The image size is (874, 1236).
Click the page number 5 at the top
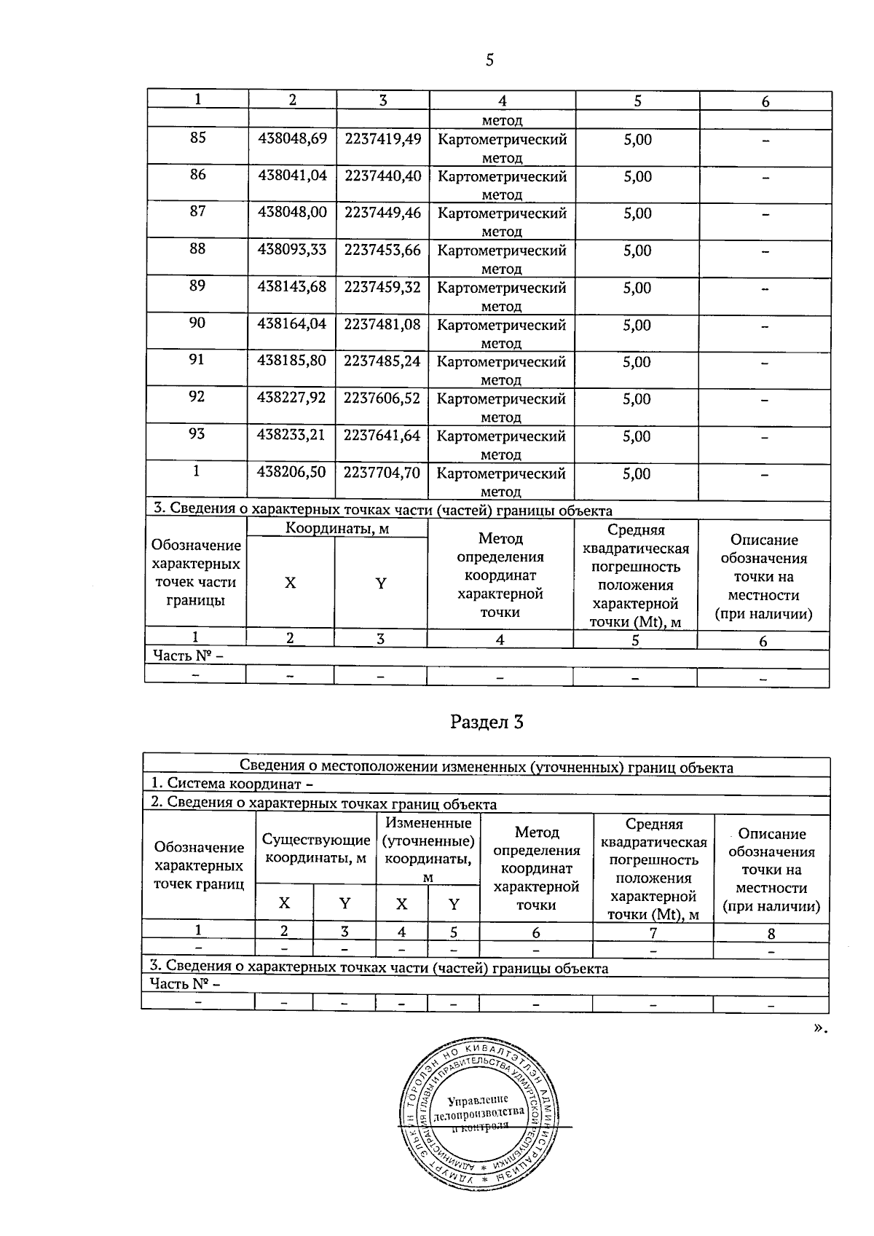[489, 60]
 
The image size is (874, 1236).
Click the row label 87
[197, 211]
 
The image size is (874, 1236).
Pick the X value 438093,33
[292, 249]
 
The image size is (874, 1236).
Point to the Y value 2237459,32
[382, 287]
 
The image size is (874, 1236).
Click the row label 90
[197, 323]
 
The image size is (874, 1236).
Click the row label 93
[197, 434]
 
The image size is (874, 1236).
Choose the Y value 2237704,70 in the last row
[382, 472]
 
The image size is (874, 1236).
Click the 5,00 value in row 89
[637, 288]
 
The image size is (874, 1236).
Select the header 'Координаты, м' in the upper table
[337, 528]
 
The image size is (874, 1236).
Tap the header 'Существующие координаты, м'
[316, 849]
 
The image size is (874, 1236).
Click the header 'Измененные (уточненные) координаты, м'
[429, 850]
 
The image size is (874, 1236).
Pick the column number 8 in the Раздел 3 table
[771, 933]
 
